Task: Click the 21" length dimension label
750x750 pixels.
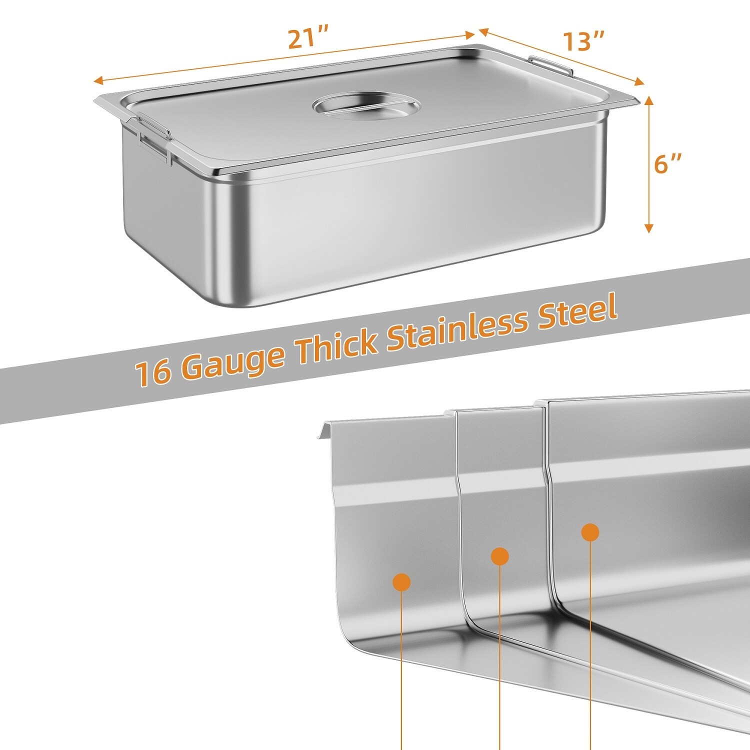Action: tap(308, 39)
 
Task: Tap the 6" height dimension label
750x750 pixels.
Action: tap(668, 163)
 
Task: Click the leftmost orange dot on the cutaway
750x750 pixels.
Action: tap(402, 582)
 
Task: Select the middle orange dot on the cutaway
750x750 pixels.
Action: tap(500, 556)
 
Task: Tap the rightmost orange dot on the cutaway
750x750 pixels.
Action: tap(590, 532)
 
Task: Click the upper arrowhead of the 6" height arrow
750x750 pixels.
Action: tap(649, 99)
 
